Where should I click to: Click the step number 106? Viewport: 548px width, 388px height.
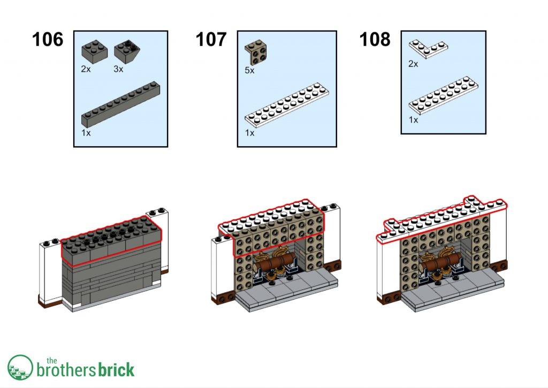click(x=48, y=39)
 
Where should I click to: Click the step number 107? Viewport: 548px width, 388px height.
click(x=211, y=39)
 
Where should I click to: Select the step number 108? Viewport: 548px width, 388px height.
click(x=375, y=39)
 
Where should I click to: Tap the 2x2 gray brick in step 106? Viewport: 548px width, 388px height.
click(x=95, y=51)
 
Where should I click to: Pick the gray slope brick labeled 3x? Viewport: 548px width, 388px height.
click(x=127, y=51)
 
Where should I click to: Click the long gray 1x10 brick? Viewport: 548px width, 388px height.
click(x=120, y=104)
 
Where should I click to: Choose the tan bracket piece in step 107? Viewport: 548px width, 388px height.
click(x=255, y=52)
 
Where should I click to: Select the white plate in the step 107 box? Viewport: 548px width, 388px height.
click(x=287, y=104)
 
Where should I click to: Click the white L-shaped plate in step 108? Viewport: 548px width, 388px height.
click(x=429, y=49)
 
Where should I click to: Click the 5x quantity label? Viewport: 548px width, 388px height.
click(x=249, y=71)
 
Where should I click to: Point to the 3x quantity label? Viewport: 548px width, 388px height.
click(x=118, y=69)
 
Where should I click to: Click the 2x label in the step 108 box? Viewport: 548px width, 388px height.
click(x=413, y=64)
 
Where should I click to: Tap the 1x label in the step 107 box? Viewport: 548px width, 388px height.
click(x=249, y=133)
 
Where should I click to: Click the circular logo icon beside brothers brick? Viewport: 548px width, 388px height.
click(x=20, y=368)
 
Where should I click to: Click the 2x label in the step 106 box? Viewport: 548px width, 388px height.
click(x=86, y=69)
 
